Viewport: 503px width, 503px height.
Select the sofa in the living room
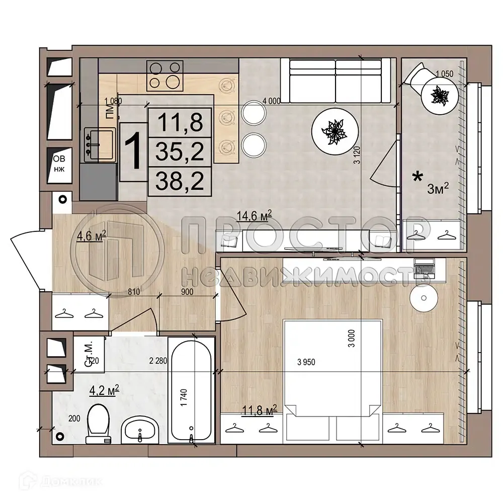pos(335,81)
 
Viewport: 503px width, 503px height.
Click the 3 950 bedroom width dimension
pos(306,363)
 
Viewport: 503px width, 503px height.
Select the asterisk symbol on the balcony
pos(417,177)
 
